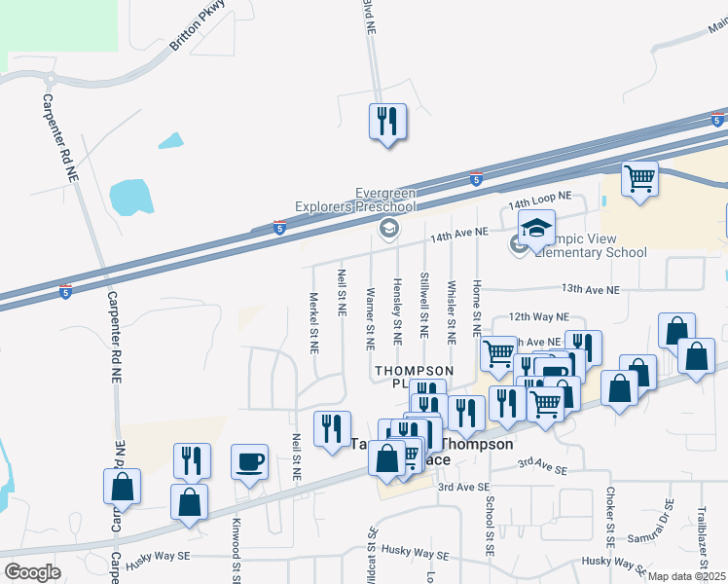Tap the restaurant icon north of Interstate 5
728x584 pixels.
pyautogui.click(x=387, y=122)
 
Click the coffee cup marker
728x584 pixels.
pyautogui.click(x=249, y=460)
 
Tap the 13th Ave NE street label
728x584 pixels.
pyautogui.click(x=590, y=290)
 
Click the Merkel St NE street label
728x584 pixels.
pyautogui.click(x=314, y=297)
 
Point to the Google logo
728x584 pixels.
pyautogui.click(x=32, y=572)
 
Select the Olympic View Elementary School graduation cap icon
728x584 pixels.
pyautogui.click(x=536, y=228)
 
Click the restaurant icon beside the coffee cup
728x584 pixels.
pyautogui.click(x=192, y=460)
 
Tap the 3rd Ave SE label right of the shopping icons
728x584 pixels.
pyautogui.click(x=541, y=468)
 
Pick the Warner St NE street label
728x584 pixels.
pyautogui.click(x=370, y=318)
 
